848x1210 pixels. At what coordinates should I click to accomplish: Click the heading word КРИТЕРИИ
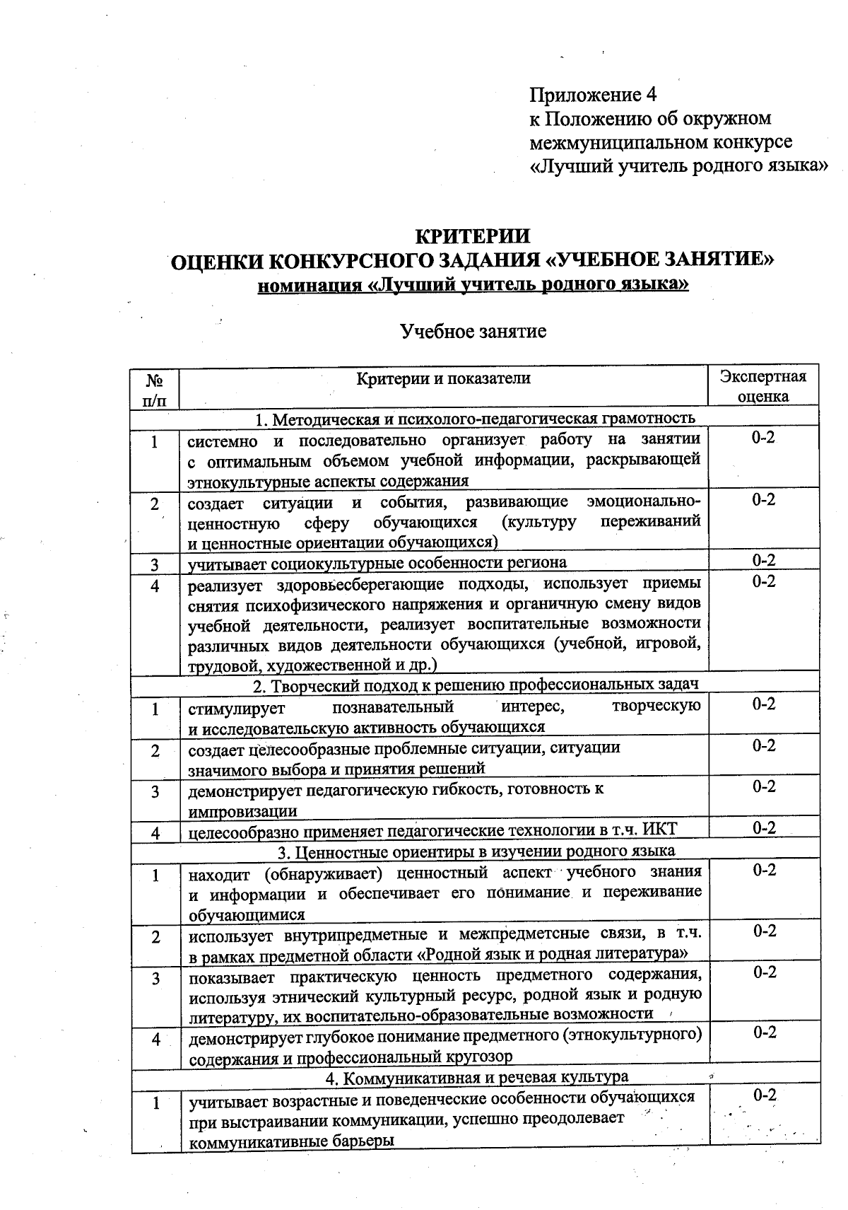coord(471,235)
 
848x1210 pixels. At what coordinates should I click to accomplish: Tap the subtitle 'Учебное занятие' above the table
coord(473,331)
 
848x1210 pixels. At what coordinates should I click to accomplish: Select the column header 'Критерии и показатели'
coord(443,378)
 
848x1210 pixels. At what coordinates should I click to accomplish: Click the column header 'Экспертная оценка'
coord(762,386)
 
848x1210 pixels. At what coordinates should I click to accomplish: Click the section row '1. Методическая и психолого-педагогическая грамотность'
coord(475,419)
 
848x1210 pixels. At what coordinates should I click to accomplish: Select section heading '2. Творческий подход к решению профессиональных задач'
coord(476,685)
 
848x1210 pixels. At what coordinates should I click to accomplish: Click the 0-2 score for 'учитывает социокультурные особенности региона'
coord(763,561)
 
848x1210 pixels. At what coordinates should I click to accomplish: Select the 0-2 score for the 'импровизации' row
coord(763,786)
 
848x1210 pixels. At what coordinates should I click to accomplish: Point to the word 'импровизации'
coord(242,811)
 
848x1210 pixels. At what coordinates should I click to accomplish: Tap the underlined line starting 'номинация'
coord(473,285)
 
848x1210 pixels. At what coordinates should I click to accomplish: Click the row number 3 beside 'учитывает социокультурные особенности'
coord(154,564)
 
